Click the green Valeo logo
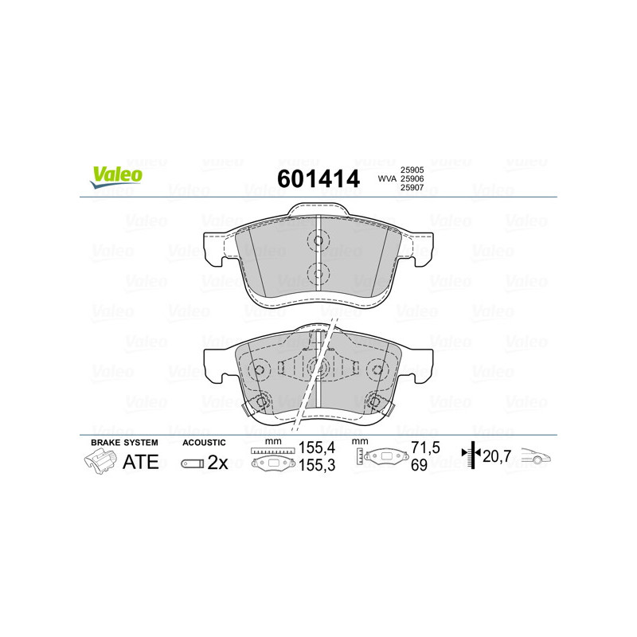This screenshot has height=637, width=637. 116,177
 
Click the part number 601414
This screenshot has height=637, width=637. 318,178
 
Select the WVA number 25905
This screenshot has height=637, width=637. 412,170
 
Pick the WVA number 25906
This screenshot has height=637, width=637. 412,178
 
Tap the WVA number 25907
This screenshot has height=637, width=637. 412,188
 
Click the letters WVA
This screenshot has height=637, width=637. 387,178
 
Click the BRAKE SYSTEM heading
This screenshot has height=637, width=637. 124,443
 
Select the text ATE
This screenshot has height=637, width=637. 141,462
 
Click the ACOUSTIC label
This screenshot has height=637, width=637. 204,443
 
